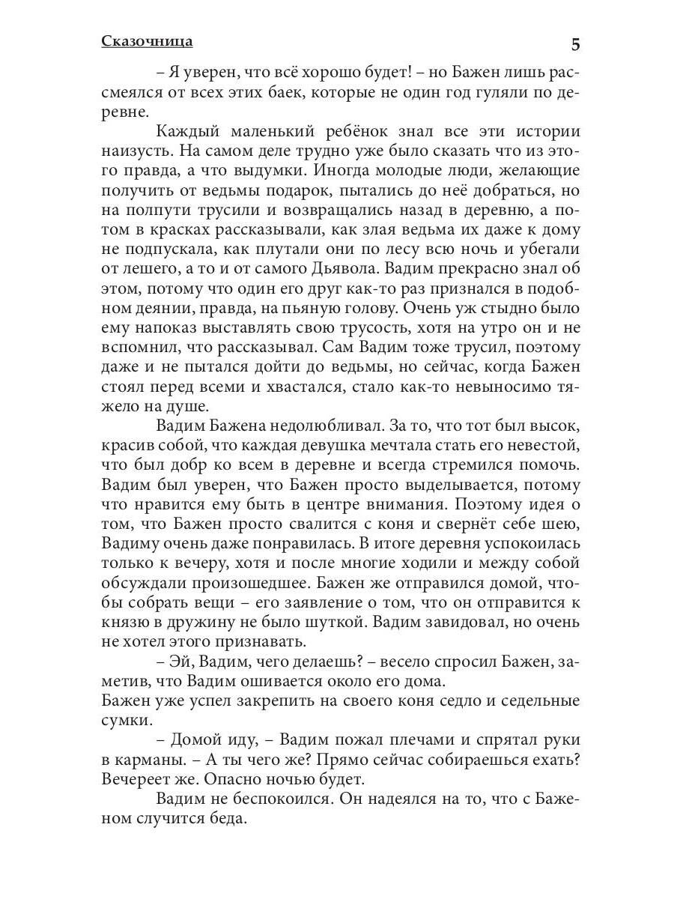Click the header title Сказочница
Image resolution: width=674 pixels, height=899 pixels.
point(147,42)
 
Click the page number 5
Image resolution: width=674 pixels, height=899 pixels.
point(574,44)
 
